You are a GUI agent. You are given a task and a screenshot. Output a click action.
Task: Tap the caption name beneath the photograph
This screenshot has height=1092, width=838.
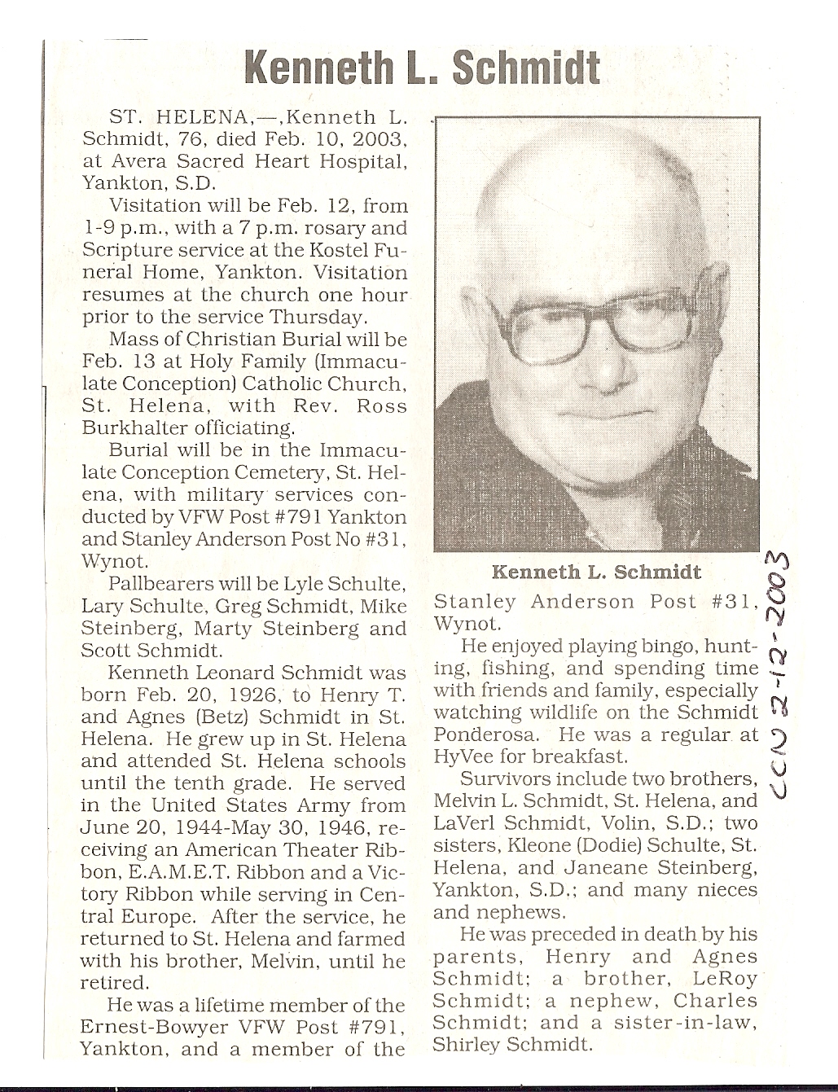tap(596, 572)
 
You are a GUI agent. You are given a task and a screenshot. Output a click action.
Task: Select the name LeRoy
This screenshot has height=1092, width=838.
tap(729, 979)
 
